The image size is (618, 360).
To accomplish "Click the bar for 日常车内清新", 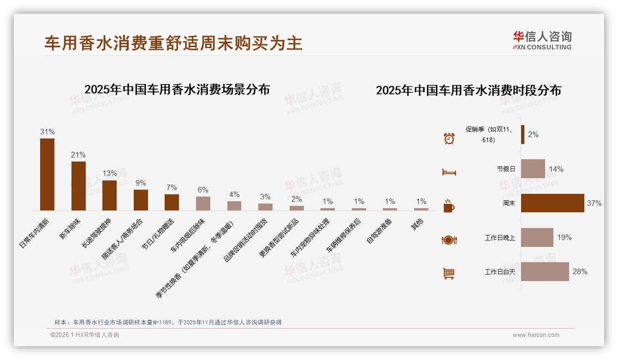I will [x=47, y=174].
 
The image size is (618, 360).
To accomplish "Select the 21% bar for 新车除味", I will [x=78, y=186].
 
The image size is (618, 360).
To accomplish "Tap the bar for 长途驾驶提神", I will [x=109, y=195].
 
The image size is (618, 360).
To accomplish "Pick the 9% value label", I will [x=141, y=183].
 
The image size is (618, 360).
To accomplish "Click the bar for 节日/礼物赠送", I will [x=172, y=202].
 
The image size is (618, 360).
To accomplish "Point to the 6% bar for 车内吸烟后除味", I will [x=203, y=204].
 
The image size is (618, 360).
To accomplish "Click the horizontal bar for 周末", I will [x=553, y=203].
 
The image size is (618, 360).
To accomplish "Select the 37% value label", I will [x=594, y=203].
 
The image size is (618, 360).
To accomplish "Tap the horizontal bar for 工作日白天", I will [x=545, y=271].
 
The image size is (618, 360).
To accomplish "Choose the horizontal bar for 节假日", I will [x=533, y=169].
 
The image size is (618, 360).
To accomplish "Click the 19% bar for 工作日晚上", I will [x=537, y=237].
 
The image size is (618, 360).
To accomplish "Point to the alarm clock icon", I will [x=449, y=138].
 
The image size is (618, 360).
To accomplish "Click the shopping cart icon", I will [x=449, y=274].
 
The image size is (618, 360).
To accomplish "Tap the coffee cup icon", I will [x=449, y=206].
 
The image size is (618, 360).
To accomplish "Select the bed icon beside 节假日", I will [x=449, y=172].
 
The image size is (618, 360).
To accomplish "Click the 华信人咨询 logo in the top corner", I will [x=542, y=41].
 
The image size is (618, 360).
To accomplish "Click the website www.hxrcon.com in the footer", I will [x=536, y=335].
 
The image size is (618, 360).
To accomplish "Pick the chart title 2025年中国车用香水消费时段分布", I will [x=468, y=90].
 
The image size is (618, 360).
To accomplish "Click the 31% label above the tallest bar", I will [x=47, y=132].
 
